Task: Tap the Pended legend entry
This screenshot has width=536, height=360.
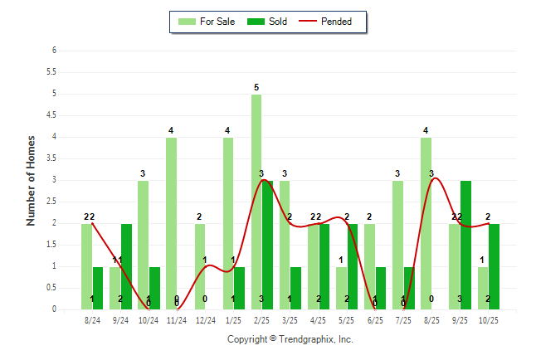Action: (332, 22)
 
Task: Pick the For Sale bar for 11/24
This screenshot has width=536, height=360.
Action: (171, 223)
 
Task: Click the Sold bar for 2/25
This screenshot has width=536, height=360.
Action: (268, 245)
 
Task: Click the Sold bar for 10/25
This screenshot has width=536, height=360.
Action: (494, 266)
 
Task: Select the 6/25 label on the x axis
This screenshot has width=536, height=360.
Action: (375, 320)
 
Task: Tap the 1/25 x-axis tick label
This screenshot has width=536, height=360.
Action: (234, 320)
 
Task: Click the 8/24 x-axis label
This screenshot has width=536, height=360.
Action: (92, 320)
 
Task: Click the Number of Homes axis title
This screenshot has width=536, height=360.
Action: (31, 180)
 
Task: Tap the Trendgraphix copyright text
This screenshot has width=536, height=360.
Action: (290, 339)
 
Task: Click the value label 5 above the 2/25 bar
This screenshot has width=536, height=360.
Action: (256, 87)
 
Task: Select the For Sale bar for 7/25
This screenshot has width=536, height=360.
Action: (397, 245)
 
